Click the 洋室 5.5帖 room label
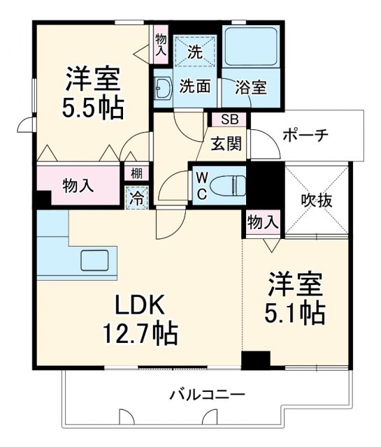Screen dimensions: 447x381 (94, 92)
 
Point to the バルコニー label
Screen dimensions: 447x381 (207, 395)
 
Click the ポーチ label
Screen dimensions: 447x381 (305, 135)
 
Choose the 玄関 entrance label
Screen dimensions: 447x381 (227, 145)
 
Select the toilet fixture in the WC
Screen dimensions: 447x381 (229, 185)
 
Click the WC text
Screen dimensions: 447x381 (201, 185)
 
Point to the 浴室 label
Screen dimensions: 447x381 (251, 88)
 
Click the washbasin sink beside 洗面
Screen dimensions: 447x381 (164, 87)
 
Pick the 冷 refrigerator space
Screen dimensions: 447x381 (137, 197)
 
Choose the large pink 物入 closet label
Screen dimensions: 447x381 (77, 186)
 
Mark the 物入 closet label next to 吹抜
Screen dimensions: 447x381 (263, 223)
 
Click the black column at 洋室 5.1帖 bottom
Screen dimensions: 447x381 (256, 360)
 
